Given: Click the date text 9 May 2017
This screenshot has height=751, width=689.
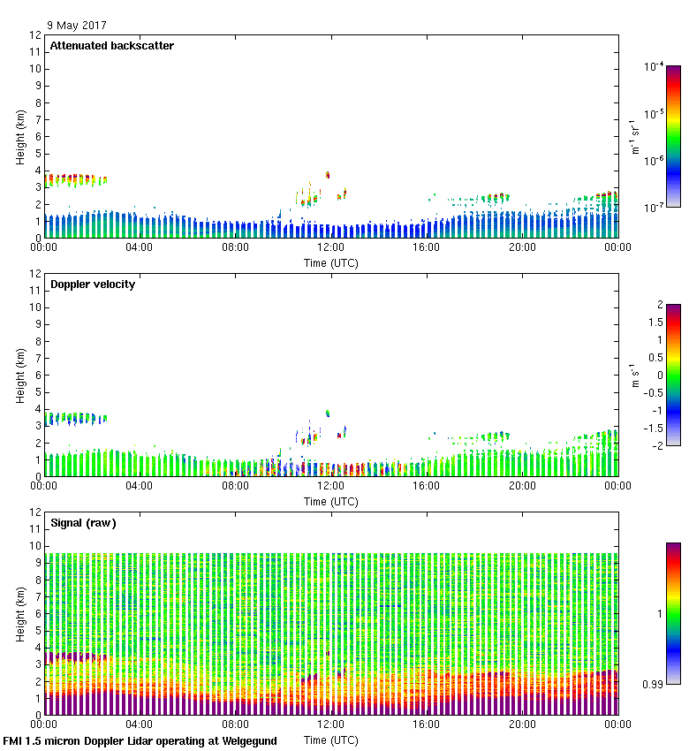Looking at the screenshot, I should coord(77,26).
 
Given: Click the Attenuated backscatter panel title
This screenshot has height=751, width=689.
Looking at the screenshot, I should coord(112,46).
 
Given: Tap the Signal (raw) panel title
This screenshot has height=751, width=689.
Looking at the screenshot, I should coord(83,523).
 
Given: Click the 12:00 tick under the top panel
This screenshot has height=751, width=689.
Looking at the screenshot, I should coord(330,247).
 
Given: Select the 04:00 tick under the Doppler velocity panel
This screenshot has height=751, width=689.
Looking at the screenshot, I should coord(140,486).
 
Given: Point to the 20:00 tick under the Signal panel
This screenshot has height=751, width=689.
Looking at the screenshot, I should coord(522,724).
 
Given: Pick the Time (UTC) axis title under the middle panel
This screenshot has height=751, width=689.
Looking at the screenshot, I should coord(331,501).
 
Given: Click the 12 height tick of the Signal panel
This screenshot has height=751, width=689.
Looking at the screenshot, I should coord(34,512).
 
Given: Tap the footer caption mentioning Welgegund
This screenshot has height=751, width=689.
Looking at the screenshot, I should coord(140,741).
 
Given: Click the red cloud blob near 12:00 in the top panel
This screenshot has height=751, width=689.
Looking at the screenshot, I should coord(328,175).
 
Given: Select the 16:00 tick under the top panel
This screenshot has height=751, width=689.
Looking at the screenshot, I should coord(427,247).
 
